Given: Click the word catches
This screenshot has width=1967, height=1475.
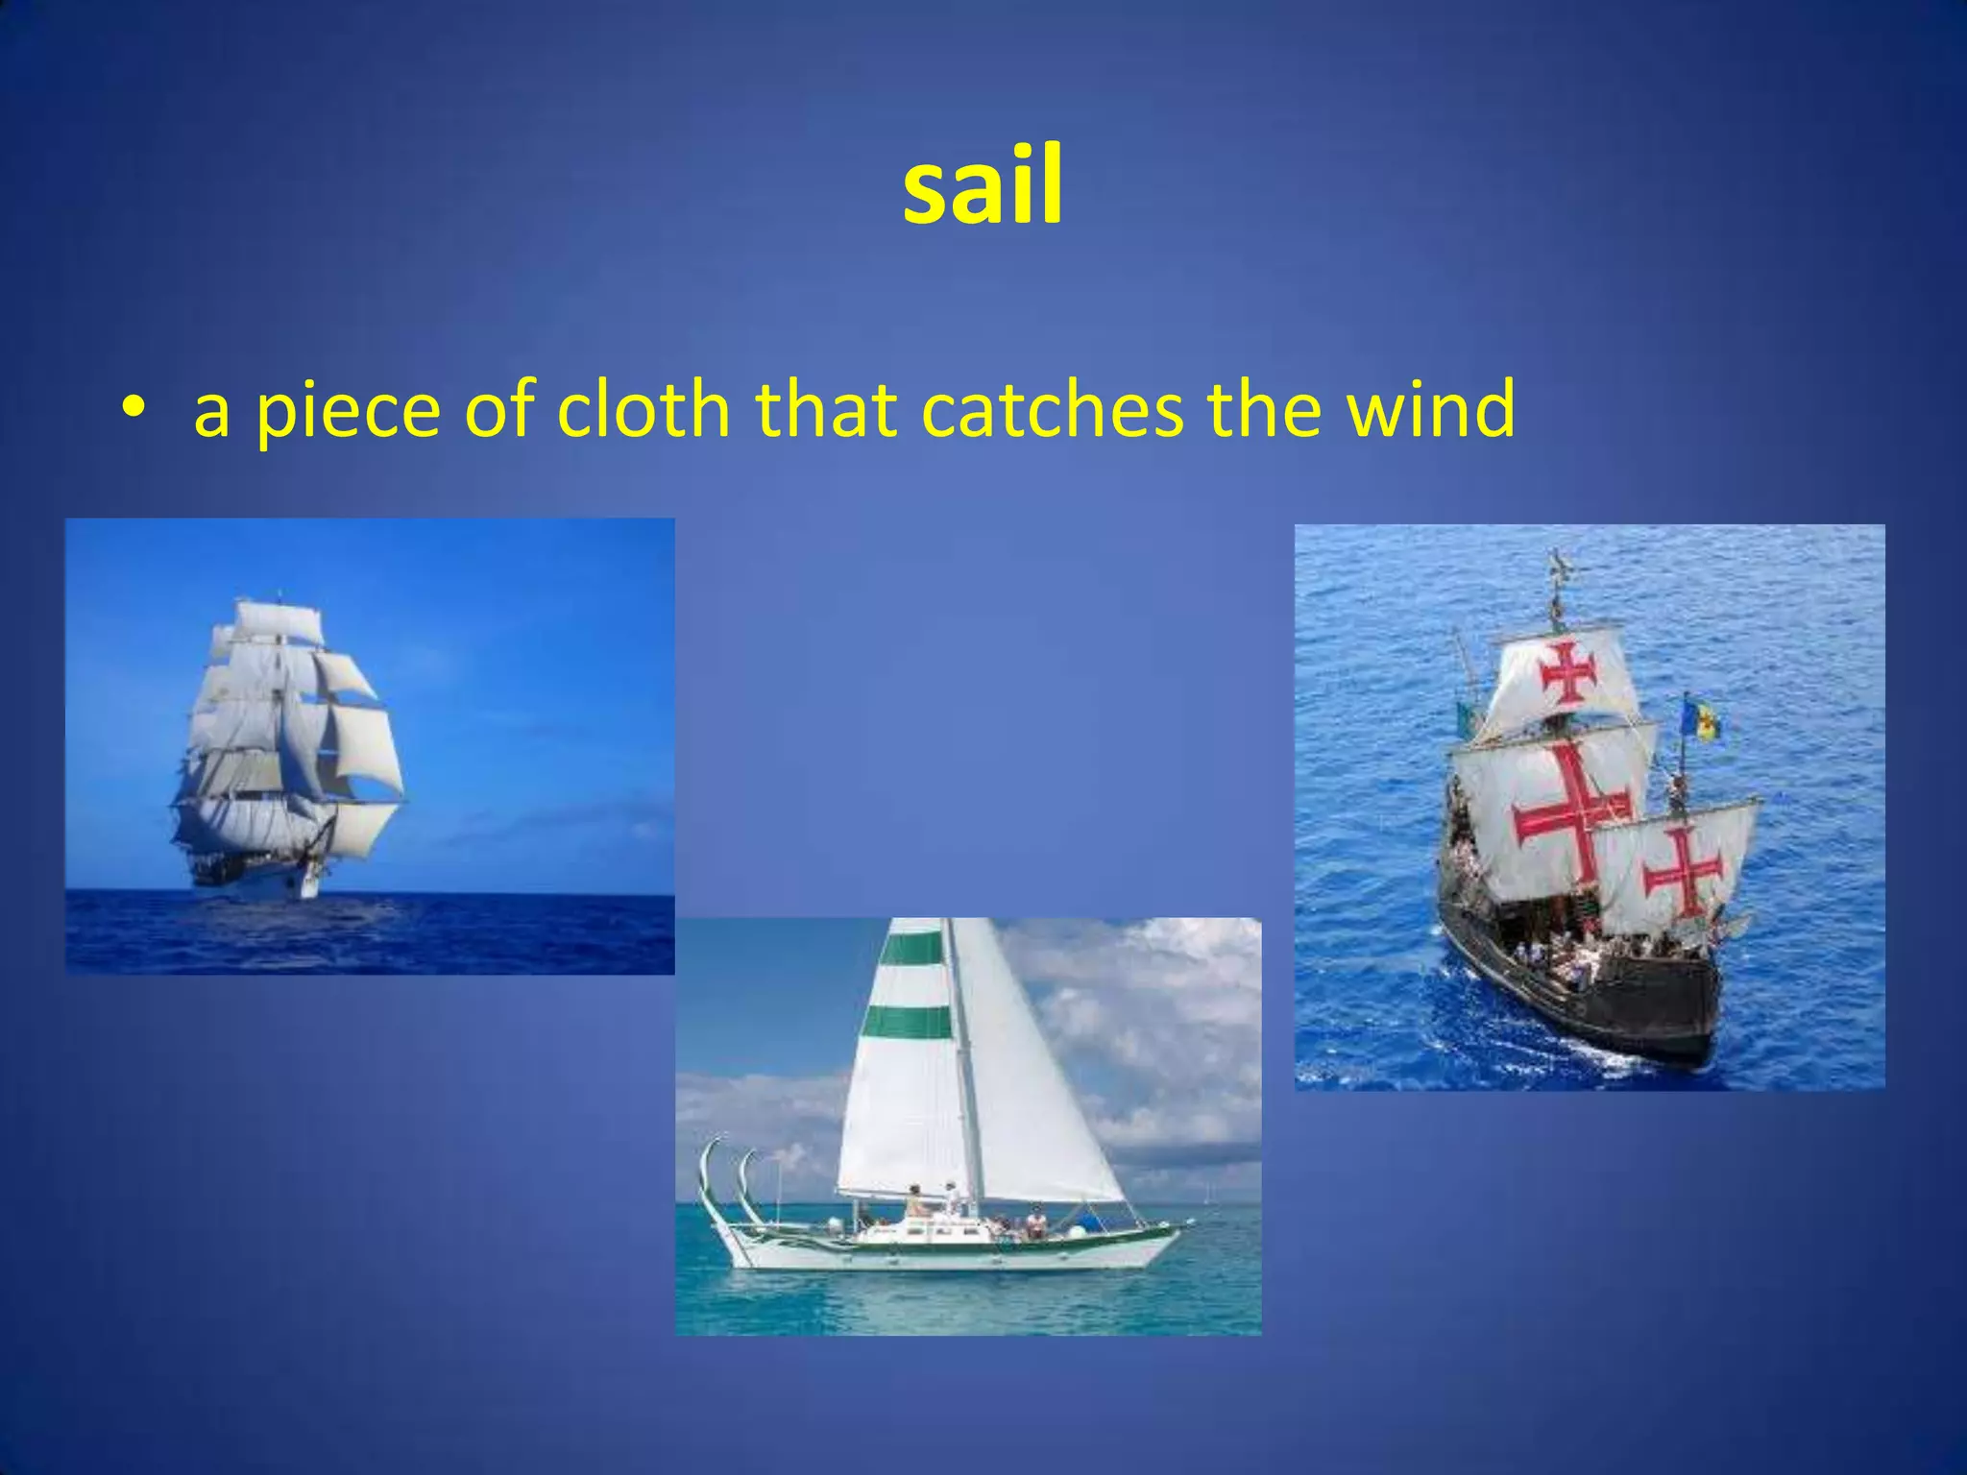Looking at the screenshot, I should tap(1052, 410).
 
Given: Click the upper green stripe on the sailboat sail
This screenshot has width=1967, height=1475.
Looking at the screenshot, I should tap(911, 948).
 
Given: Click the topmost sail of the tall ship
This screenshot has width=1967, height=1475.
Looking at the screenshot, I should tap(279, 621).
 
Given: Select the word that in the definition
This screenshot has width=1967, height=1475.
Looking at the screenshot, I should tap(826, 410).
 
